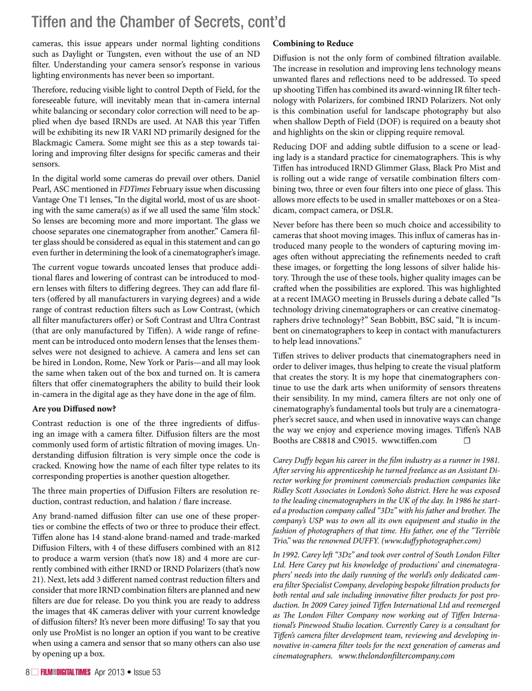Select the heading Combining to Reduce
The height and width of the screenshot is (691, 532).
(x=313, y=44)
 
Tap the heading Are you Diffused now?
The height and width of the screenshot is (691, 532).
(x=74, y=409)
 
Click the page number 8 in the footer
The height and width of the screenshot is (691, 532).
(x=27, y=672)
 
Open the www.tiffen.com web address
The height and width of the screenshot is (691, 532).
(x=409, y=441)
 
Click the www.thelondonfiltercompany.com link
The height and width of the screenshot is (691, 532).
(x=396, y=656)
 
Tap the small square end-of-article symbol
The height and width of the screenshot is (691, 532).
(x=467, y=441)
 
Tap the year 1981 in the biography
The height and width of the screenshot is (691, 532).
(x=490, y=460)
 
